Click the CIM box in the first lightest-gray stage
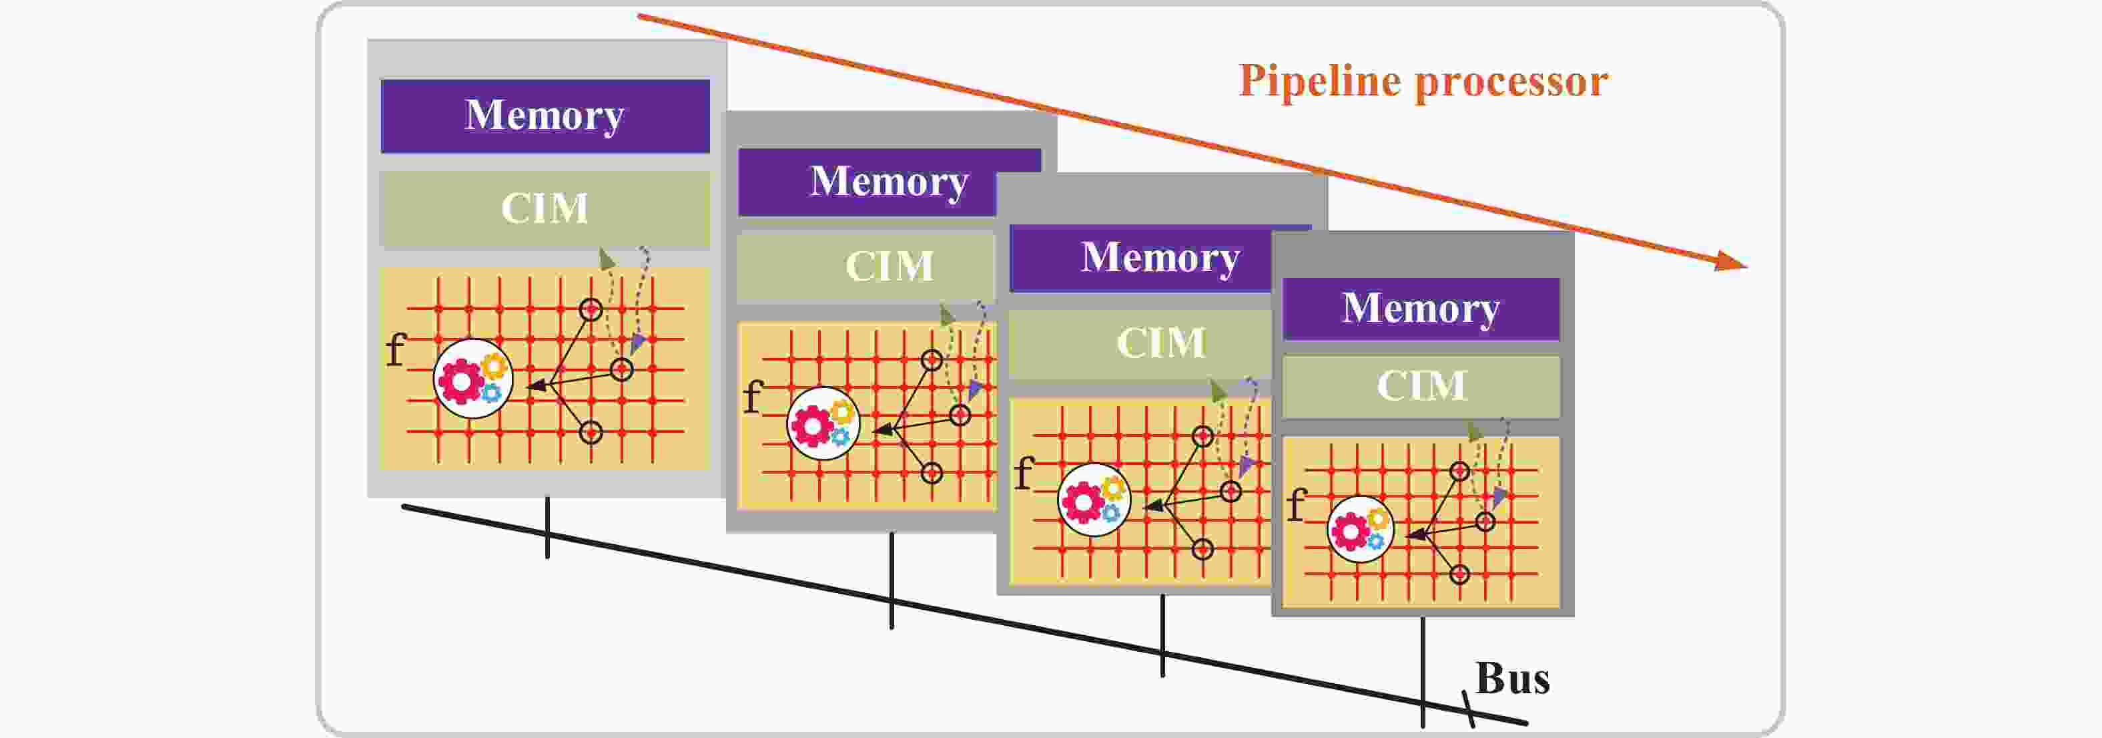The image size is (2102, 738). [545, 208]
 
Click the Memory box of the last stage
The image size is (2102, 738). [1421, 309]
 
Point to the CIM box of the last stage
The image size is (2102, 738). [1421, 385]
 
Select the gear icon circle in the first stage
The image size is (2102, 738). [472, 379]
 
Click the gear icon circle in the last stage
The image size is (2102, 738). [1359, 529]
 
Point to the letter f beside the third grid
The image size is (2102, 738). [1023, 472]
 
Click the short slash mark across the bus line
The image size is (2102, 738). [1469, 709]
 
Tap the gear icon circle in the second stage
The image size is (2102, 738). [823, 423]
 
